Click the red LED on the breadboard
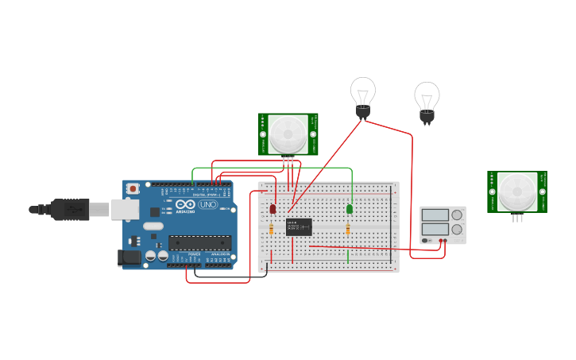point(273,208)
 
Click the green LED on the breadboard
point(349,208)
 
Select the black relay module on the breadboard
point(299,227)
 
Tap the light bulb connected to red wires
point(363,95)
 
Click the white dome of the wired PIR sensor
point(287,134)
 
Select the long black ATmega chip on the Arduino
point(199,242)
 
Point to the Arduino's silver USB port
point(121,209)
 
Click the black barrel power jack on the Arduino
point(127,257)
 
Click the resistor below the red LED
point(272,229)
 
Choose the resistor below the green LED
point(348,229)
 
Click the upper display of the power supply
point(435,215)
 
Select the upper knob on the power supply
point(457,215)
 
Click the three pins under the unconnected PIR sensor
point(517,217)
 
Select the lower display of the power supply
point(435,230)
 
